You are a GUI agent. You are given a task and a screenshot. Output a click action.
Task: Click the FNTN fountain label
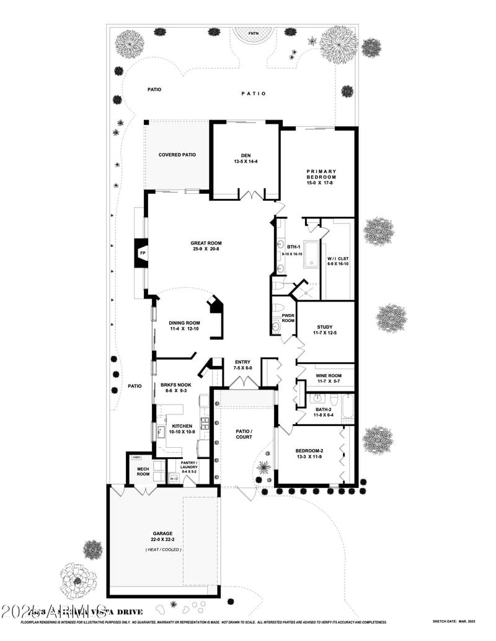[254, 33]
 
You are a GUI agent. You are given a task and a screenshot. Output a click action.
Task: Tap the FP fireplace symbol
[142, 253]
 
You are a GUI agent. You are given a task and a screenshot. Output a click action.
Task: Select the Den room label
[245, 155]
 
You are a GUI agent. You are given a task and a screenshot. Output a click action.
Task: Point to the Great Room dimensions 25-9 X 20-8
[206, 250]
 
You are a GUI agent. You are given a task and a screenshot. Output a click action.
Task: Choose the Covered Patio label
[177, 155]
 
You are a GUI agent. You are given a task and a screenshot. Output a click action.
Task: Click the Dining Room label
[185, 323]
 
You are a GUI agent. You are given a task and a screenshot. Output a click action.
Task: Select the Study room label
[325, 327]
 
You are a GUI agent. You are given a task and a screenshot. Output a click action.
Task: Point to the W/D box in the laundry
[174, 479]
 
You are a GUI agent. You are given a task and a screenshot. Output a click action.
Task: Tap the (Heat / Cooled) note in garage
[163, 549]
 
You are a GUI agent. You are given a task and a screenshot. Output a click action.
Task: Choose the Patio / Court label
[243, 434]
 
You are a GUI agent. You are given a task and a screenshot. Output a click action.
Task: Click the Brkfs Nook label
[176, 385]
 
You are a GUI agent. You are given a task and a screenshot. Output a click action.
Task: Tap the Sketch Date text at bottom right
[453, 621]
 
